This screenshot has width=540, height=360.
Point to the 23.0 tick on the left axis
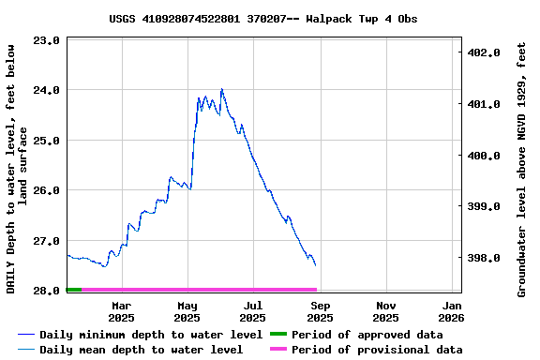pyautogui.click(x=46, y=40)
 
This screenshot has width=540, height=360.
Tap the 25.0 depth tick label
pyautogui.click(x=46, y=141)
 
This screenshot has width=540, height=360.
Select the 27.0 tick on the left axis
pyautogui.click(x=46, y=241)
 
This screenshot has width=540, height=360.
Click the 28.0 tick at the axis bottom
pyautogui.click(x=46, y=291)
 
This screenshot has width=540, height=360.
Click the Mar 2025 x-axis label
pyautogui.click(x=121, y=311)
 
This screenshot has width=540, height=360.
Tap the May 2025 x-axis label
pyautogui.click(x=187, y=311)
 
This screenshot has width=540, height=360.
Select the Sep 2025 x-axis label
pyautogui.click(x=320, y=311)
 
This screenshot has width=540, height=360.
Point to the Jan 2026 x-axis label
pyautogui.click(x=452, y=311)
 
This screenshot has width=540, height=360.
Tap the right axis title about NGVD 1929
pyautogui.click(x=522, y=169)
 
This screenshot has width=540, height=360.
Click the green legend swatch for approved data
pyautogui.click(x=277, y=335)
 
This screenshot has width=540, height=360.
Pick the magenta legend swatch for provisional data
pyautogui.click(x=277, y=350)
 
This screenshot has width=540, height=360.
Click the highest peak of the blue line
pyautogui.click(x=221, y=90)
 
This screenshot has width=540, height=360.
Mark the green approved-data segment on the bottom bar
pyautogui.click(x=74, y=290)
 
